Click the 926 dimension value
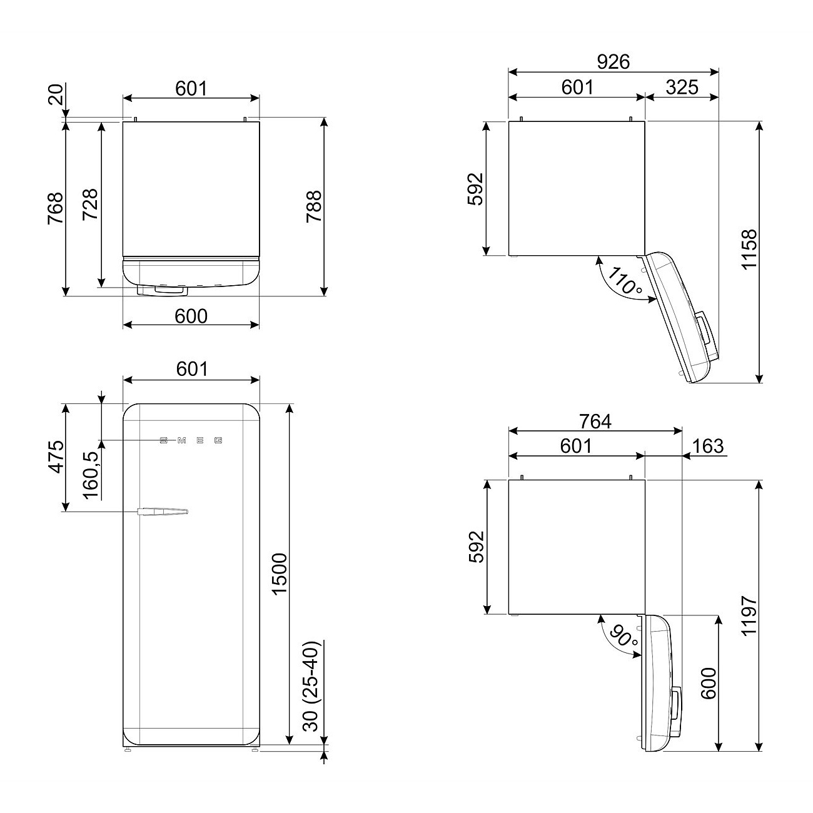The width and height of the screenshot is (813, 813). click(613, 61)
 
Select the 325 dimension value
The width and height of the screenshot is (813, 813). click(682, 87)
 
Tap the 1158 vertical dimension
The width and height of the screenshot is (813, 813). click(748, 249)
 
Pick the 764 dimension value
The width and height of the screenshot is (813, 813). click(594, 422)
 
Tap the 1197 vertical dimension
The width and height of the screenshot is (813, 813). click(748, 615)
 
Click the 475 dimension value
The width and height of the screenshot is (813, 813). click(56, 457)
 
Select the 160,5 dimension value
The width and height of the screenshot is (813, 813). click(91, 475)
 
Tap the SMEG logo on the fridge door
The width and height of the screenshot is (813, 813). click(191, 440)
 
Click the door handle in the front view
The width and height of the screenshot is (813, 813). click(161, 512)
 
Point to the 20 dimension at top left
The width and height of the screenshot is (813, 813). click(55, 97)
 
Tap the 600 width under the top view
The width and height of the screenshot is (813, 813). click(191, 316)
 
